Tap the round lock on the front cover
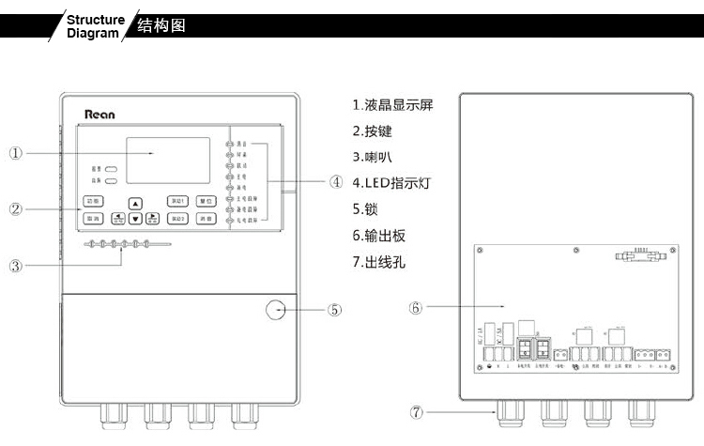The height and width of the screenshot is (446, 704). pos(276,309)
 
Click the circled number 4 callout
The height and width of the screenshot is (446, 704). pos(336,182)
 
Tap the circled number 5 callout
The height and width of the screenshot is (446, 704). pos(335,309)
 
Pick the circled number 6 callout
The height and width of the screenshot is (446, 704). pos(416,307)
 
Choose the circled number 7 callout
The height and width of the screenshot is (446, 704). pos(416,411)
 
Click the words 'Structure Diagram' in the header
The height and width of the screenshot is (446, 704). pos(95,25)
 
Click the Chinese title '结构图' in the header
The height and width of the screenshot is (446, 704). pos(161,25)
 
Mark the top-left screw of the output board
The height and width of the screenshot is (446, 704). pos(480,251)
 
